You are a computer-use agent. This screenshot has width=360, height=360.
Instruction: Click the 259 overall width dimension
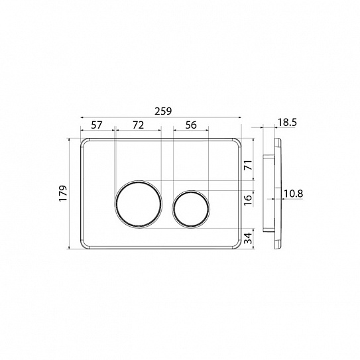tap(163, 111)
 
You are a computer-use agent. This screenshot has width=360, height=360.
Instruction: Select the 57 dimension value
tap(97, 125)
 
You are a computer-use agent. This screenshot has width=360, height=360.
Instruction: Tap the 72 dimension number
tap(139, 125)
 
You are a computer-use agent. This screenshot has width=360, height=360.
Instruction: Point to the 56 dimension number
tap(191, 125)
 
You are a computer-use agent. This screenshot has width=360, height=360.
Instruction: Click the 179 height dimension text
tap(63, 194)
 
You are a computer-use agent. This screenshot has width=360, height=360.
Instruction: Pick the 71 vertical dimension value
tap(249, 165)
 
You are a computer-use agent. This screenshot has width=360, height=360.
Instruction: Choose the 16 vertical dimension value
tap(249, 200)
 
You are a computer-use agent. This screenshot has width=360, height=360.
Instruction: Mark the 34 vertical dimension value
tap(249, 238)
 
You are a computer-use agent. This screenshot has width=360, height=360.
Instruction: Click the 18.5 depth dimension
tap(287, 123)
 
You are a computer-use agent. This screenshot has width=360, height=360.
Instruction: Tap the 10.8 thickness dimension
tap(294, 194)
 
